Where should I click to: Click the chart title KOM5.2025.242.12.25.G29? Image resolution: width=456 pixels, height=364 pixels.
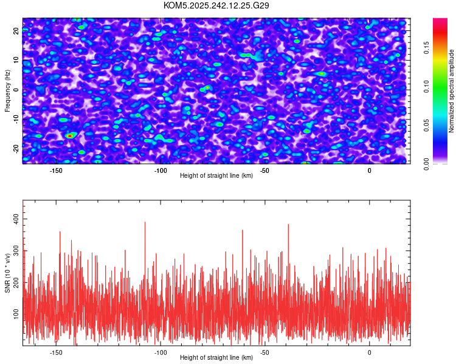coord(216,5)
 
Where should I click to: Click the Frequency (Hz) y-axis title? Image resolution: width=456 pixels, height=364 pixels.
coord(7,91)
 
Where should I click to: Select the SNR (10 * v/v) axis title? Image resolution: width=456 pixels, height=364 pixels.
coord(7,273)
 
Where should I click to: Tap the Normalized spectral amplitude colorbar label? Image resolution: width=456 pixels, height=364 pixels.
coord(451,91)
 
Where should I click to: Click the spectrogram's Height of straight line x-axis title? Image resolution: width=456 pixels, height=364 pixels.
coord(216,175)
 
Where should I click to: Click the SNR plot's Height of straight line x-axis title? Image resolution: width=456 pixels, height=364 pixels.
coord(216,357)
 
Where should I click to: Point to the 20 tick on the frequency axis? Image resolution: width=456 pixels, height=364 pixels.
coord(16,31)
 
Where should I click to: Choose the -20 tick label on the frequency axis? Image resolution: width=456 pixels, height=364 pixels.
coord(16,150)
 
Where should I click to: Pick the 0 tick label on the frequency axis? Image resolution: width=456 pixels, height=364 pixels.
coord(16,90)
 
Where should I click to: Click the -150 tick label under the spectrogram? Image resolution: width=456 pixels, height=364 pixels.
coord(56,170)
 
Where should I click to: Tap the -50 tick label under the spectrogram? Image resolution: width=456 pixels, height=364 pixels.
coord(264,170)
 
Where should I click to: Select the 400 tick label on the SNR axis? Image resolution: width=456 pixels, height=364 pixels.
coord(16,219)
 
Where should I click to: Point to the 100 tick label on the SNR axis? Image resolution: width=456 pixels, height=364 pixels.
coord(16,314)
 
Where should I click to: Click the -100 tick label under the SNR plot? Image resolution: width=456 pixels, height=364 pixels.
coord(161,352)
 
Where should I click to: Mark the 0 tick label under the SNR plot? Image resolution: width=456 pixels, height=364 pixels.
coord(369,352)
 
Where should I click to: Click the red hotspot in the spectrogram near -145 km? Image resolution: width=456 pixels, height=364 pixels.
coord(70,135)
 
